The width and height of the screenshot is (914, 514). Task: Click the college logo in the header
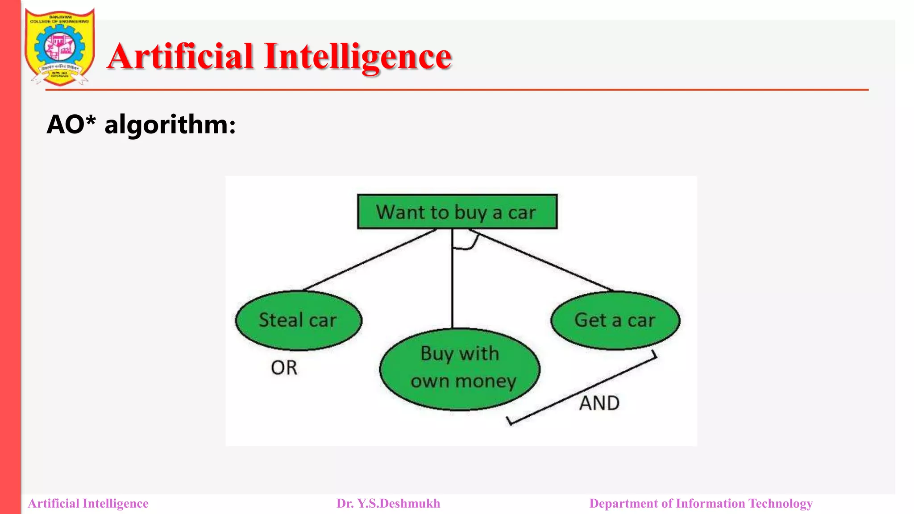pos(60,47)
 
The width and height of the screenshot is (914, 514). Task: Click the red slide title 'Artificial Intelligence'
pos(279,57)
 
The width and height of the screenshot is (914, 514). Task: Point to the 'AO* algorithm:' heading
pos(141,124)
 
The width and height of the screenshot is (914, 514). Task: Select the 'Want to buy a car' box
pos(457,212)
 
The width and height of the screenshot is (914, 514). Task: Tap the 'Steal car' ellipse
pos(298,320)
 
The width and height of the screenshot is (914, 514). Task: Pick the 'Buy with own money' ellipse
pos(460,369)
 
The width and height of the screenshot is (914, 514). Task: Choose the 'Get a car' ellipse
pos(615,320)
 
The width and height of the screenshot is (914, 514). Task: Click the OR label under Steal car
pos(284,368)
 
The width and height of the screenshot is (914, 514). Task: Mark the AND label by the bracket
pos(599,403)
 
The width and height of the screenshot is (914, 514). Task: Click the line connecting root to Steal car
pos(370,260)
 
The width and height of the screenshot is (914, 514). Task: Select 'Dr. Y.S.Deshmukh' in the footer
pos(388,503)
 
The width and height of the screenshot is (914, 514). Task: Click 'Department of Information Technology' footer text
pos(701,503)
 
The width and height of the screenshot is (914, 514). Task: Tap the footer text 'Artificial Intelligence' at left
pos(88,503)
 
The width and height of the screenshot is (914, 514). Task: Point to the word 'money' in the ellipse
pos(486,381)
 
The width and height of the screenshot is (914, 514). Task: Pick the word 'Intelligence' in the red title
pos(358,57)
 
